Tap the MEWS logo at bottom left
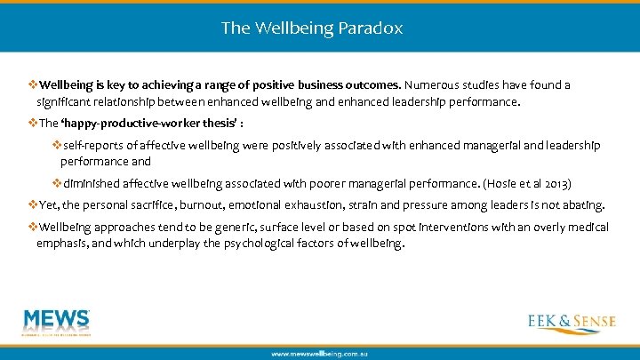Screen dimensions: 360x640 tap(58, 324)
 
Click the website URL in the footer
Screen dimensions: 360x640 tap(320, 354)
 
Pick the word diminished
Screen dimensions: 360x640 tap(95, 184)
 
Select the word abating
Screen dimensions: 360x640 tap(582, 205)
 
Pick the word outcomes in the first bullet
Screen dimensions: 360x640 tap(372, 85)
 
